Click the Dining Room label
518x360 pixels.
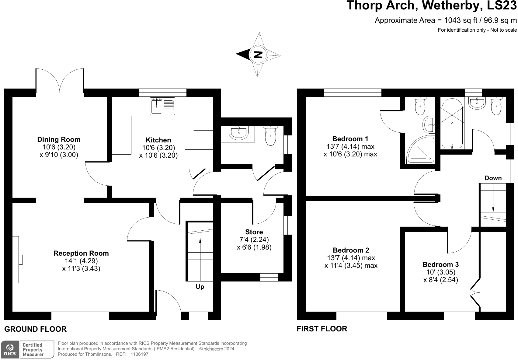59,139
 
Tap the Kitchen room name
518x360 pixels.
158,140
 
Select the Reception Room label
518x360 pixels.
81,253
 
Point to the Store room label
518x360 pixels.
254,232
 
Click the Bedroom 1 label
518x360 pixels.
350,139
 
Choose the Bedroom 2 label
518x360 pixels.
351,250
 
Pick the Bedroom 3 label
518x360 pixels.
441,264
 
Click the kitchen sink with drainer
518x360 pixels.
162,106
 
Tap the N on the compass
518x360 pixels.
258,55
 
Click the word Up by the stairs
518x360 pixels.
200,287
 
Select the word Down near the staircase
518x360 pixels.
493,178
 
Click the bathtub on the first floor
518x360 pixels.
452,124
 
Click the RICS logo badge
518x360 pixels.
10,349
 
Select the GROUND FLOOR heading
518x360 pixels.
35,329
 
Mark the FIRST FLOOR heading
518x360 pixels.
322,329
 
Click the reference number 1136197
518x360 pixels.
139,354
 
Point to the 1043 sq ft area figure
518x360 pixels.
461,20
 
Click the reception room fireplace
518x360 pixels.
17,259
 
